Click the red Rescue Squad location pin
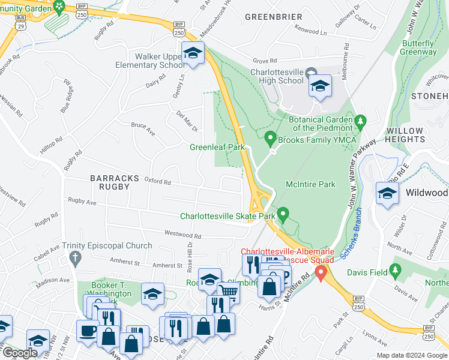coord(321,274)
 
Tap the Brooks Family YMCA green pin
coord(270,139)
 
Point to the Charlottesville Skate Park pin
coord(283,214)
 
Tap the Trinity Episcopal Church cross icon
coord(75,259)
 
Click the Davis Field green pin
coord(394,272)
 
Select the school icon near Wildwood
coord(387,194)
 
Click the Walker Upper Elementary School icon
coord(193,54)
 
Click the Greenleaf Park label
coord(217,147)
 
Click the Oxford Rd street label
coord(157,181)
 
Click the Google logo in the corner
coord(20,353)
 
